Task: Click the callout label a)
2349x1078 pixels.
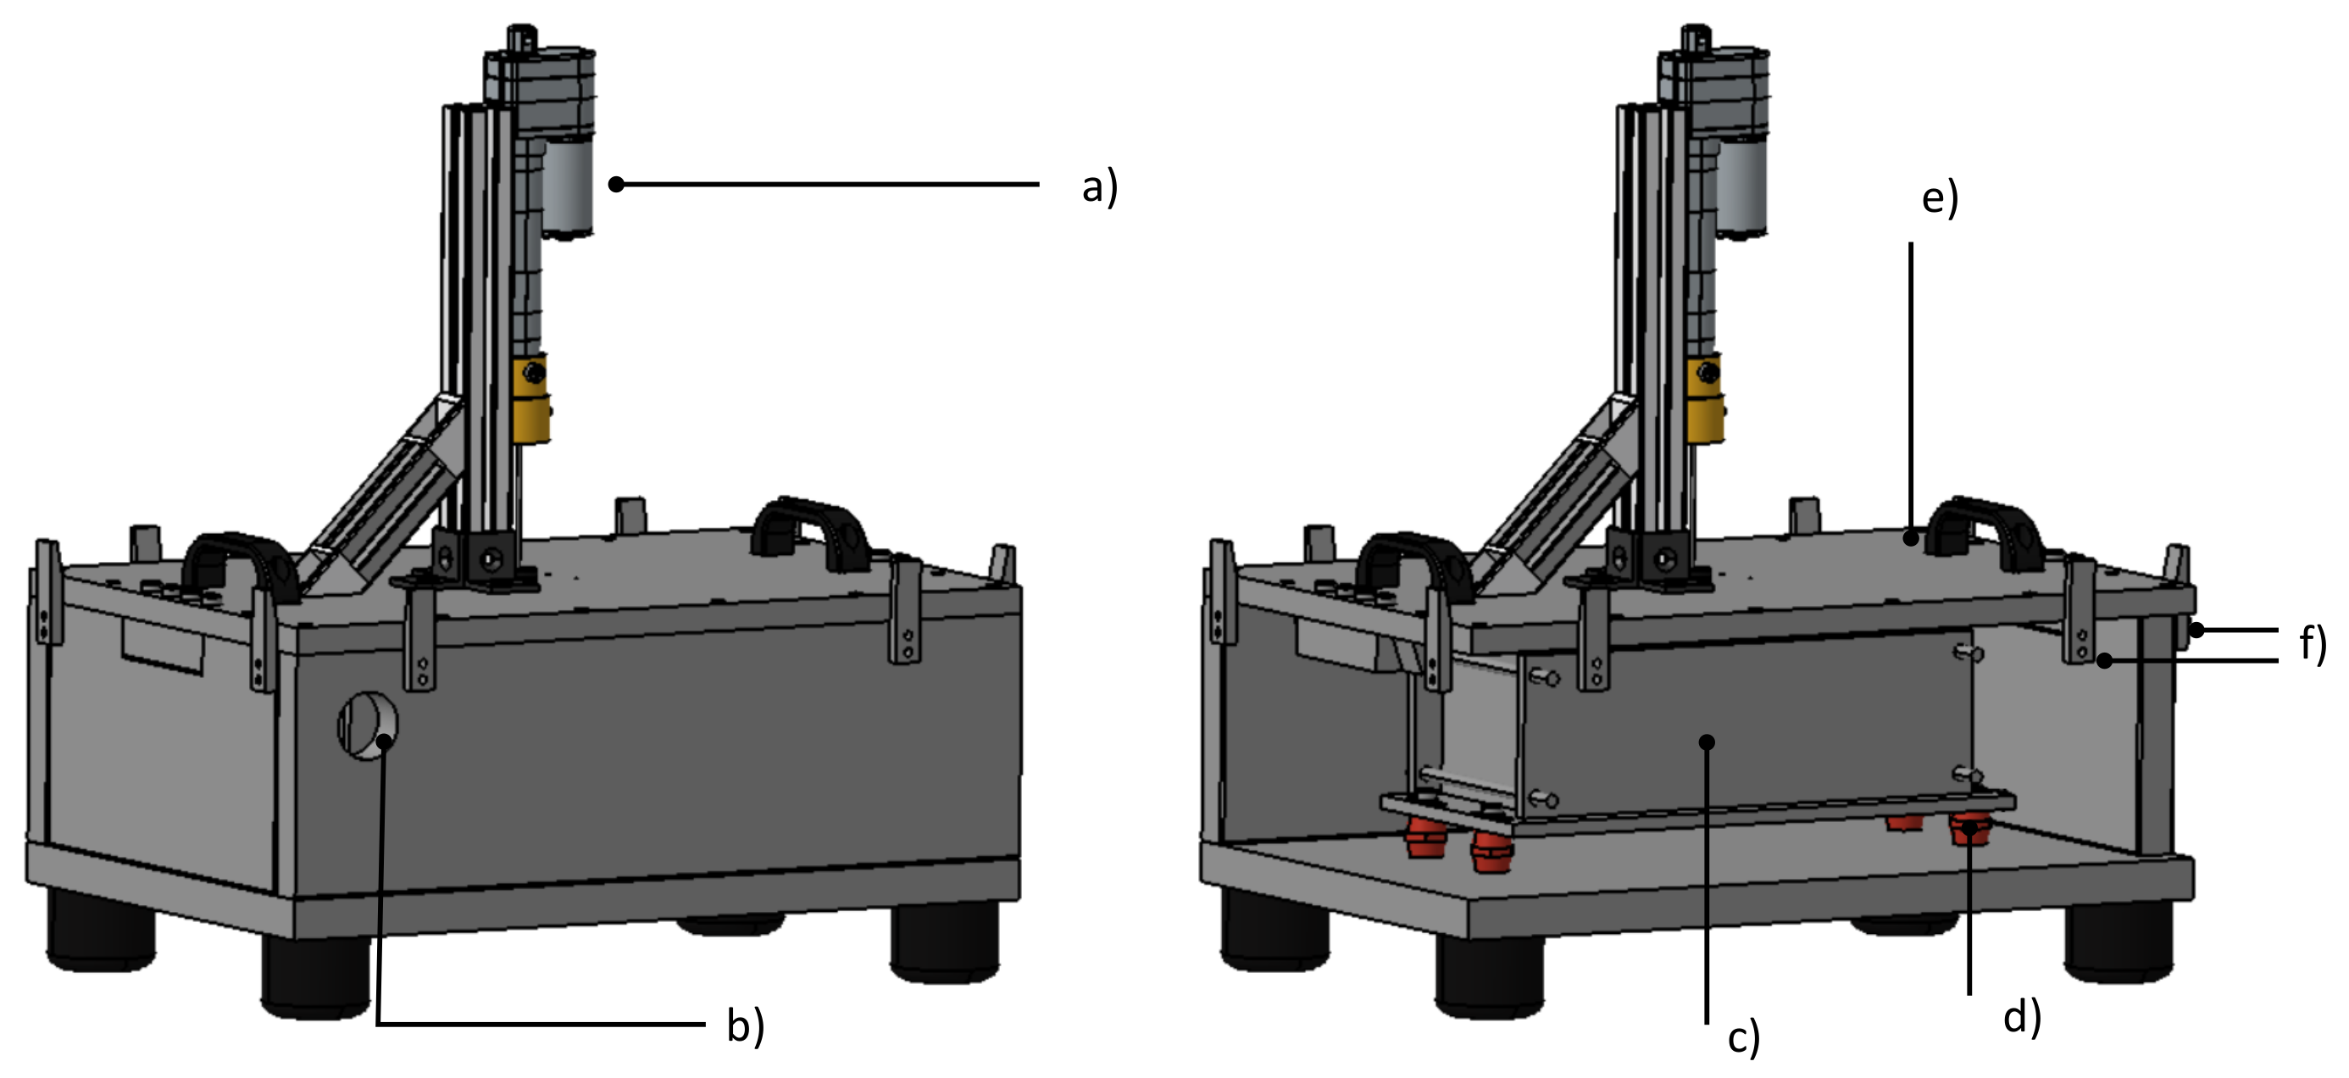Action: [x=1099, y=188]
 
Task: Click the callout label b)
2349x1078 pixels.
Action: [x=745, y=1026]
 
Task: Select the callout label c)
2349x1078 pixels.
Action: [x=1743, y=1038]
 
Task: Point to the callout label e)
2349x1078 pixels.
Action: [x=1940, y=199]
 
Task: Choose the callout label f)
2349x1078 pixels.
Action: [x=2312, y=644]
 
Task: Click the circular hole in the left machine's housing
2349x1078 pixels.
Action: [x=368, y=725]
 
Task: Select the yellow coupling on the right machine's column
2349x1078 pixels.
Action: [x=1704, y=399]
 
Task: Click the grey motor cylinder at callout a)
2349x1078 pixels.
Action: [x=567, y=187]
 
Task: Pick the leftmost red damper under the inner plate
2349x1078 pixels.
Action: [x=1421, y=837]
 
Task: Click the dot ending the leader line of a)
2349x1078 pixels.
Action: [x=616, y=184]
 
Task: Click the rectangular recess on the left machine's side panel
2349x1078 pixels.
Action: [x=163, y=645]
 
